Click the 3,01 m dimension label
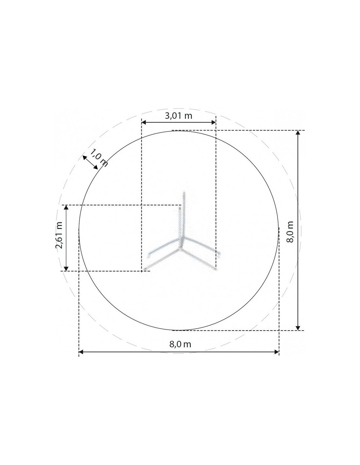pyautogui.click(x=178, y=116)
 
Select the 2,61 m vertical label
pyautogui.click(x=59, y=235)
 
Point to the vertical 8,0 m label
pyautogui.click(x=290, y=232)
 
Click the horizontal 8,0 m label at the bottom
pyautogui.click(x=180, y=344)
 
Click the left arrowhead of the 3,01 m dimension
pyautogui.click(x=144, y=122)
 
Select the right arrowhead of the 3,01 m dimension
pyautogui.click(x=213, y=122)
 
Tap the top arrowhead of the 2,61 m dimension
pyautogui.click(x=66, y=207)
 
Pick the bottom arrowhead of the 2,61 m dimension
pyautogui.click(x=66, y=269)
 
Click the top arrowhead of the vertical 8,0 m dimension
pyautogui.click(x=298, y=132)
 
